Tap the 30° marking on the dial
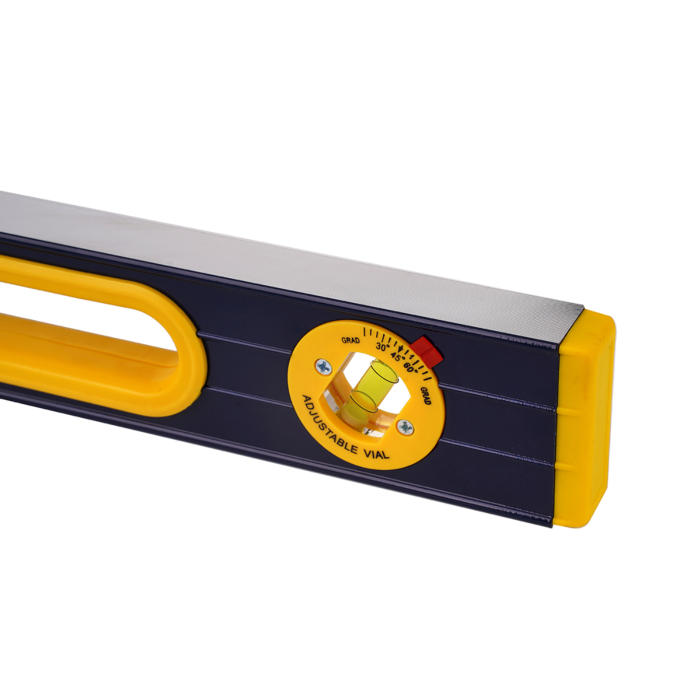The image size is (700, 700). point(381,346)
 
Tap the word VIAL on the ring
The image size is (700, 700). point(376,453)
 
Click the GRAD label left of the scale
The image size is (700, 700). point(351,340)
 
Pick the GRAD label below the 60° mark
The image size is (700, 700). point(426,395)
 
